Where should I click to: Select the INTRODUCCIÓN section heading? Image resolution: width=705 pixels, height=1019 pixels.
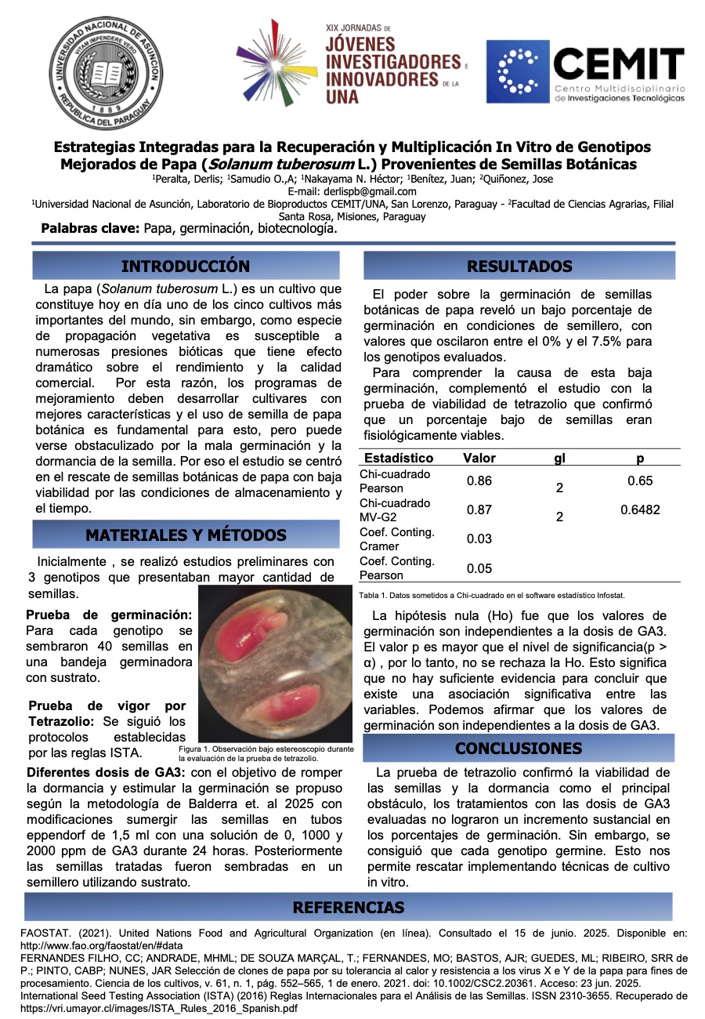point(186,266)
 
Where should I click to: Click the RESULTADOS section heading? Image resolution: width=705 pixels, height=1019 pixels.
point(519,266)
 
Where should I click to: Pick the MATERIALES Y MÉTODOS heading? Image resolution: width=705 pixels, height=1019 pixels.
point(186,535)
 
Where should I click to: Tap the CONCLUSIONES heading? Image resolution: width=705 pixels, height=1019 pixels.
point(519,748)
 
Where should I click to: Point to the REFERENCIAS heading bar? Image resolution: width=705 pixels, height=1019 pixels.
point(349,908)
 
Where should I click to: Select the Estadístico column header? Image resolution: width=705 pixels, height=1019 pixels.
point(399,458)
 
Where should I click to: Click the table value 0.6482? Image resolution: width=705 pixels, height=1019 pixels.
point(640,509)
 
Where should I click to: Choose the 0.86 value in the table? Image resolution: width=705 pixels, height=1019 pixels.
point(479,480)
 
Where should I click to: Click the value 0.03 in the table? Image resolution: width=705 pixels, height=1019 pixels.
point(479,539)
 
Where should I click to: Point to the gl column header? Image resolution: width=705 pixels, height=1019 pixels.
point(559,458)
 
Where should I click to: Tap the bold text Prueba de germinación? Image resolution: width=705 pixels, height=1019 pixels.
point(109,615)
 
